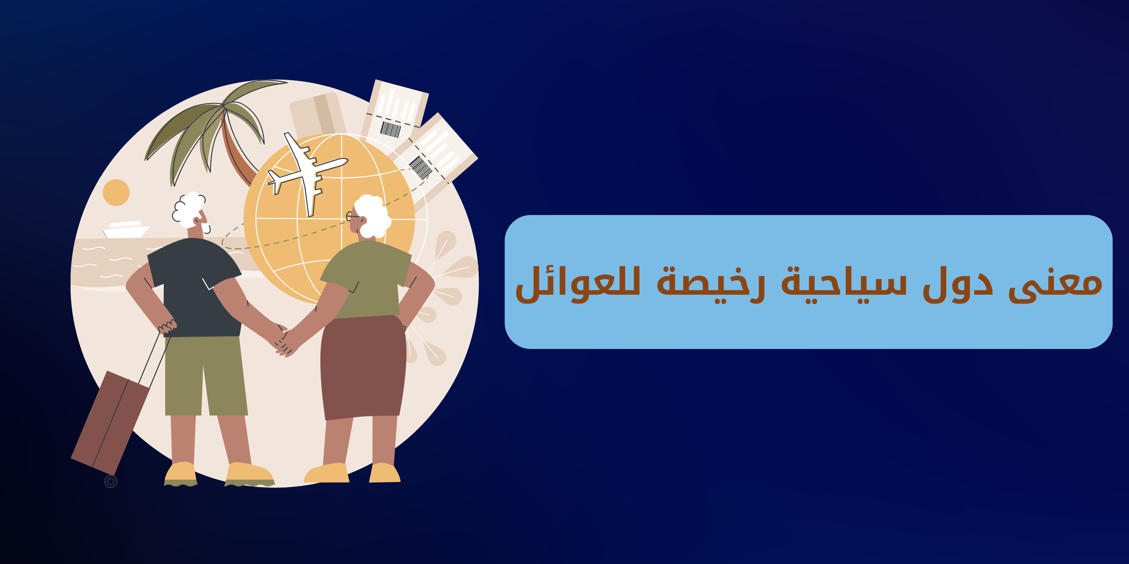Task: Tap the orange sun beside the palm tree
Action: coord(116,192)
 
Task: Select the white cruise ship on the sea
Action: coord(126,229)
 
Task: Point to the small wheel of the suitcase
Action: coord(111,482)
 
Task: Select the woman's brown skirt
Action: coord(363,367)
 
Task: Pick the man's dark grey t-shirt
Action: coord(195,287)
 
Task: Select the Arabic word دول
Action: coord(958,284)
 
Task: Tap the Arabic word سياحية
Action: coord(844,284)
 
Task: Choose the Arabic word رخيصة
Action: coord(711,284)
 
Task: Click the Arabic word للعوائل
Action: coord(578,284)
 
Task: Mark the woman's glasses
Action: coord(353,216)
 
